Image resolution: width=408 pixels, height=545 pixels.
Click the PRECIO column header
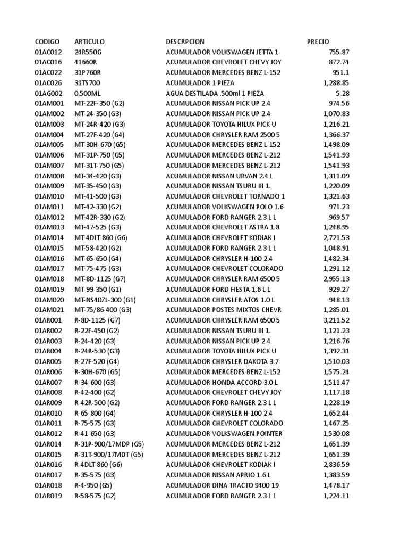click(318, 42)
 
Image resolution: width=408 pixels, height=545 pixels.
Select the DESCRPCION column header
click(185, 42)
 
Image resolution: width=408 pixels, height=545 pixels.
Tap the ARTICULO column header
click(89, 42)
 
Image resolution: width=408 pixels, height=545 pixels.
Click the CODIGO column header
click(47, 42)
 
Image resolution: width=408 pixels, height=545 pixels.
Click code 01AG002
click(48, 93)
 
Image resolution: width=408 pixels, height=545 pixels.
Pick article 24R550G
click(88, 52)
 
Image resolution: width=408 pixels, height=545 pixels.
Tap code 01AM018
click(49, 279)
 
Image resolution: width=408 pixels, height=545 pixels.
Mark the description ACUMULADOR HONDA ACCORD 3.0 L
click(222, 382)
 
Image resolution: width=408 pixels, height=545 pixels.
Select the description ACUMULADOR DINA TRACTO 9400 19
click(222, 485)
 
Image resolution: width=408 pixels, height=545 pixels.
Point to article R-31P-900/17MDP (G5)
click(109, 444)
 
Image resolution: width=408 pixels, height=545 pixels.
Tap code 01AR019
click(48, 496)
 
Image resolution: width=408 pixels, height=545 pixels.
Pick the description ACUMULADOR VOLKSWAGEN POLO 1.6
click(225, 207)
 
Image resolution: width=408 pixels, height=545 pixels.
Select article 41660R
click(86, 62)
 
